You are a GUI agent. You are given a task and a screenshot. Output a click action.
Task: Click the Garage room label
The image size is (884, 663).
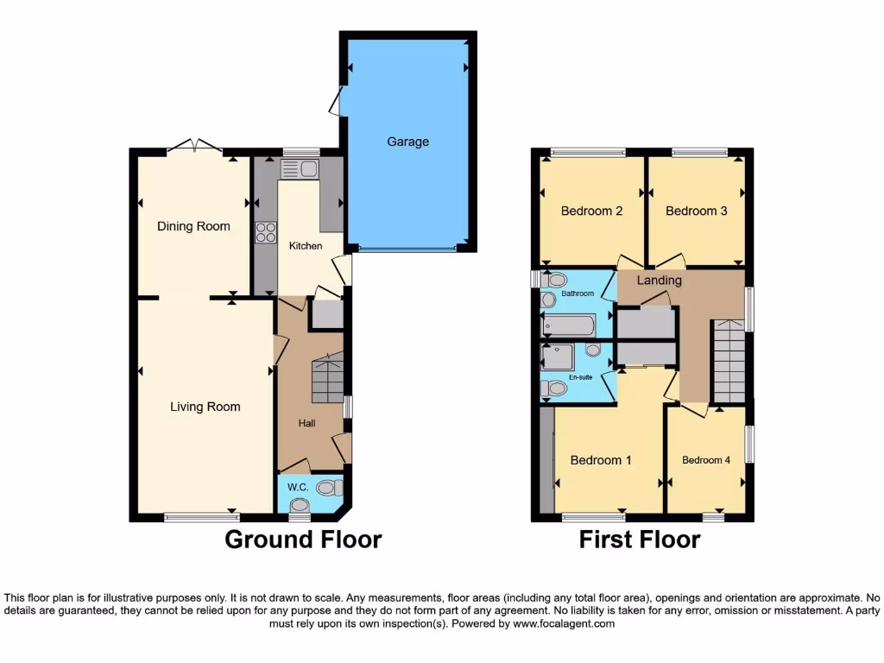(x=407, y=142)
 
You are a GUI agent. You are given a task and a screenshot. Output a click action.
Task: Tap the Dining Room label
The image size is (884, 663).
(x=193, y=226)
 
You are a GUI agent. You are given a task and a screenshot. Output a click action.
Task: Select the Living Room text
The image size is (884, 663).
(x=205, y=407)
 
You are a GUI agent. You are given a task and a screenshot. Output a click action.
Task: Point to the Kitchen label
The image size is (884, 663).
(x=306, y=246)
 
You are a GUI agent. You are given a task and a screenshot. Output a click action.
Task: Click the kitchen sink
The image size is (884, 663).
(x=300, y=169)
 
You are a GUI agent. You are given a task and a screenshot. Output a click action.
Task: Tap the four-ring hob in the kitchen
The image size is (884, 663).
(x=266, y=231)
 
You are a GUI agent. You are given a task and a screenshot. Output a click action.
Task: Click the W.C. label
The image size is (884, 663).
(x=299, y=488)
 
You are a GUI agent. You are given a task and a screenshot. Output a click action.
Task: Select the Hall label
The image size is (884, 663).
(x=307, y=423)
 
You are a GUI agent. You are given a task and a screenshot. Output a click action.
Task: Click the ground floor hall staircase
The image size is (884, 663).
(x=327, y=378)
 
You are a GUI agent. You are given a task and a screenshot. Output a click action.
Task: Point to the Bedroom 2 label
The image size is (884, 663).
(x=591, y=211)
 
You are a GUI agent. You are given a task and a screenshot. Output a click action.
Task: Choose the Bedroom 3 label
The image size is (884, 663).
(x=696, y=211)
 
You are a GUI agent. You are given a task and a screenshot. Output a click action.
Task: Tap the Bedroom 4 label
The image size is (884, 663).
(x=706, y=460)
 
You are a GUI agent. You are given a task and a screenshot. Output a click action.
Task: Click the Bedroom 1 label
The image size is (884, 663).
(x=601, y=460)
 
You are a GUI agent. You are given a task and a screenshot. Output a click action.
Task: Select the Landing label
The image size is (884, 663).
(x=660, y=280)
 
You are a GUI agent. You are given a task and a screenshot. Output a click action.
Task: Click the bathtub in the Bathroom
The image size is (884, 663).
(x=568, y=325)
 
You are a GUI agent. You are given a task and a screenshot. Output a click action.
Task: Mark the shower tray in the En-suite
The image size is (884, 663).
(x=558, y=357)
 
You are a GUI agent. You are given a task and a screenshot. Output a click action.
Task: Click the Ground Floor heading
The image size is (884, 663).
(x=303, y=540)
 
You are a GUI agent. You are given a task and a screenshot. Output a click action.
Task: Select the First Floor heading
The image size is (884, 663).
(x=639, y=540)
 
